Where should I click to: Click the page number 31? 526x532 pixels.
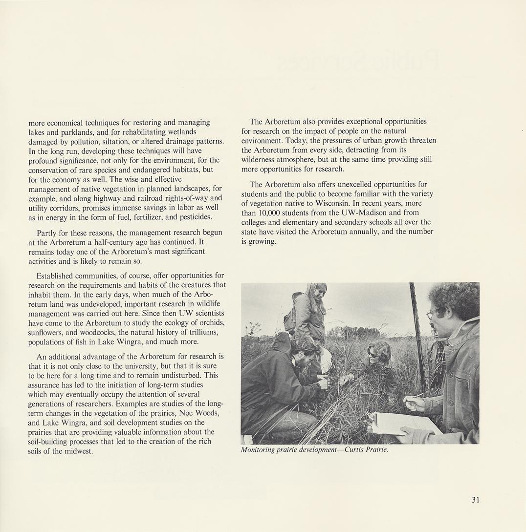click(x=476, y=499)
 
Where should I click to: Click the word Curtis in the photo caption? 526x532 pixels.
click(x=355, y=450)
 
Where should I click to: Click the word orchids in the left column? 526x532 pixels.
click(x=210, y=323)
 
